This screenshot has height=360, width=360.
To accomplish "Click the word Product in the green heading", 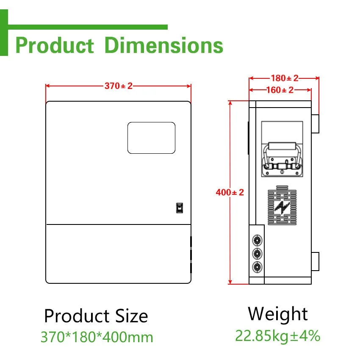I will pos(54,45).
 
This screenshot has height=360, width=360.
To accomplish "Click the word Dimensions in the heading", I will pos(163,45).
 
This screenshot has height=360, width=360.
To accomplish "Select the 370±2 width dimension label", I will pos(119,86).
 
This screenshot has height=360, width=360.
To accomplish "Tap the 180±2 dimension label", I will pos(284,78).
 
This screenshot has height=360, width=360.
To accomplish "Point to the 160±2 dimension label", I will pos(280,90).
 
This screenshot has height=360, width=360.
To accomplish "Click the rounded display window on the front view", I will pos(151,138).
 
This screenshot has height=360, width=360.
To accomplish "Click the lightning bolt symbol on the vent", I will pos(282,207).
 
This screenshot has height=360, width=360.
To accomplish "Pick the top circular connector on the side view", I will pos(256,240).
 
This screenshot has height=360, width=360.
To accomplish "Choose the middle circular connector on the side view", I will pos(256,253).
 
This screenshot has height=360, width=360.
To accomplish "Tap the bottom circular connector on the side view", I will pos(256,266).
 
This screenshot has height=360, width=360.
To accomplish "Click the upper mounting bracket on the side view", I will pos(315,123).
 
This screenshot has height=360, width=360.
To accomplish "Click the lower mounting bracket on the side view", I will pos(315,261).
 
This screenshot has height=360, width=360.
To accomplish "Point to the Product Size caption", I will pos(96,316).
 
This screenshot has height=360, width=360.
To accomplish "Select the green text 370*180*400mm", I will pos(97,337).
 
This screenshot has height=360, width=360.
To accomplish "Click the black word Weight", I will pos(278,314).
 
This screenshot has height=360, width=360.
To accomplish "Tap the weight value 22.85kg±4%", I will pos(278,336).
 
